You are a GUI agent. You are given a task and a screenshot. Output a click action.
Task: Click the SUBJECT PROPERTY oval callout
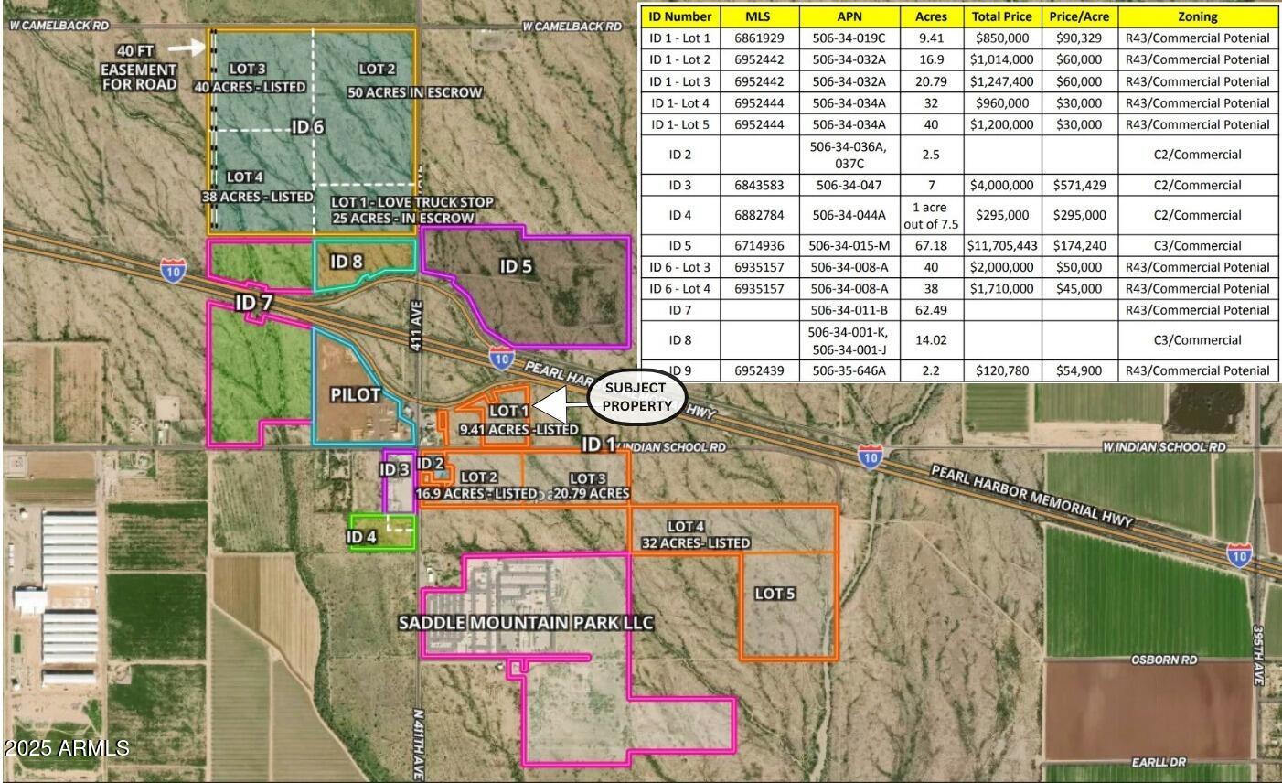pyautogui.click(x=636, y=396)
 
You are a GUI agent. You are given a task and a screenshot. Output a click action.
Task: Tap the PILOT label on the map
pyautogui.click(x=355, y=394)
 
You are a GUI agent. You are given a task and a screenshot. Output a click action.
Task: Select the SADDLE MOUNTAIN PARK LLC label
pyautogui.click(x=526, y=623)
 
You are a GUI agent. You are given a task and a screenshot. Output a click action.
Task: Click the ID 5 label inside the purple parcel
pyautogui.click(x=516, y=266)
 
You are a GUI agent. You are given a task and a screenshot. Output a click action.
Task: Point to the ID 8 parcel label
pyautogui.click(x=347, y=262)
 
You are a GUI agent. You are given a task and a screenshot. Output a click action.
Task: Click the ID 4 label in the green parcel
pyautogui.click(x=361, y=536)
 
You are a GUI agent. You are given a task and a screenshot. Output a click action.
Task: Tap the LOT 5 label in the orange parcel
pyautogui.click(x=775, y=594)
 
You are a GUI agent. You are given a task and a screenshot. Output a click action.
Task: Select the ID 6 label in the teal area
pyautogui.click(x=308, y=127)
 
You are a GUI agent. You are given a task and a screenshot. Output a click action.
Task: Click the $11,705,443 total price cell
pyautogui.click(x=1004, y=245)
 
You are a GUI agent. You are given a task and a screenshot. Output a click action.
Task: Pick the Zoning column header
pyautogui.click(x=1197, y=16)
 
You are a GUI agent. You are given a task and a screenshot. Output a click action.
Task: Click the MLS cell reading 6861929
pyautogui.click(x=759, y=38)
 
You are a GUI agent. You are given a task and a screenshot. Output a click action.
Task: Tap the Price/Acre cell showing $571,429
pyautogui.click(x=1079, y=185)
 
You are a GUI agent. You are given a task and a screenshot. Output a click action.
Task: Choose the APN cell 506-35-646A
pyautogui.click(x=849, y=370)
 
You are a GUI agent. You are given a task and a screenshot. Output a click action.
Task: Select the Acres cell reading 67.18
pyautogui.click(x=930, y=245)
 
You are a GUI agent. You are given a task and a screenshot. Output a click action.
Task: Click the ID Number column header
pyautogui.click(x=679, y=16)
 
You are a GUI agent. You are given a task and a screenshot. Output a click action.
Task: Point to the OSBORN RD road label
pyautogui.click(x=1164, y=660)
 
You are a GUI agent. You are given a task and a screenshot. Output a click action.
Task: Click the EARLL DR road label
pyautogui.click(x=1158, y=762)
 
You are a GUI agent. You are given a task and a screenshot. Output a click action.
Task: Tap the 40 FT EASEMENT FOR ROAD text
pyautogui.click(x=139, y=70)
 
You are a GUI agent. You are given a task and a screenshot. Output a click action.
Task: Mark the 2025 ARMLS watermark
pyautogui.click(x=66, y=748)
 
